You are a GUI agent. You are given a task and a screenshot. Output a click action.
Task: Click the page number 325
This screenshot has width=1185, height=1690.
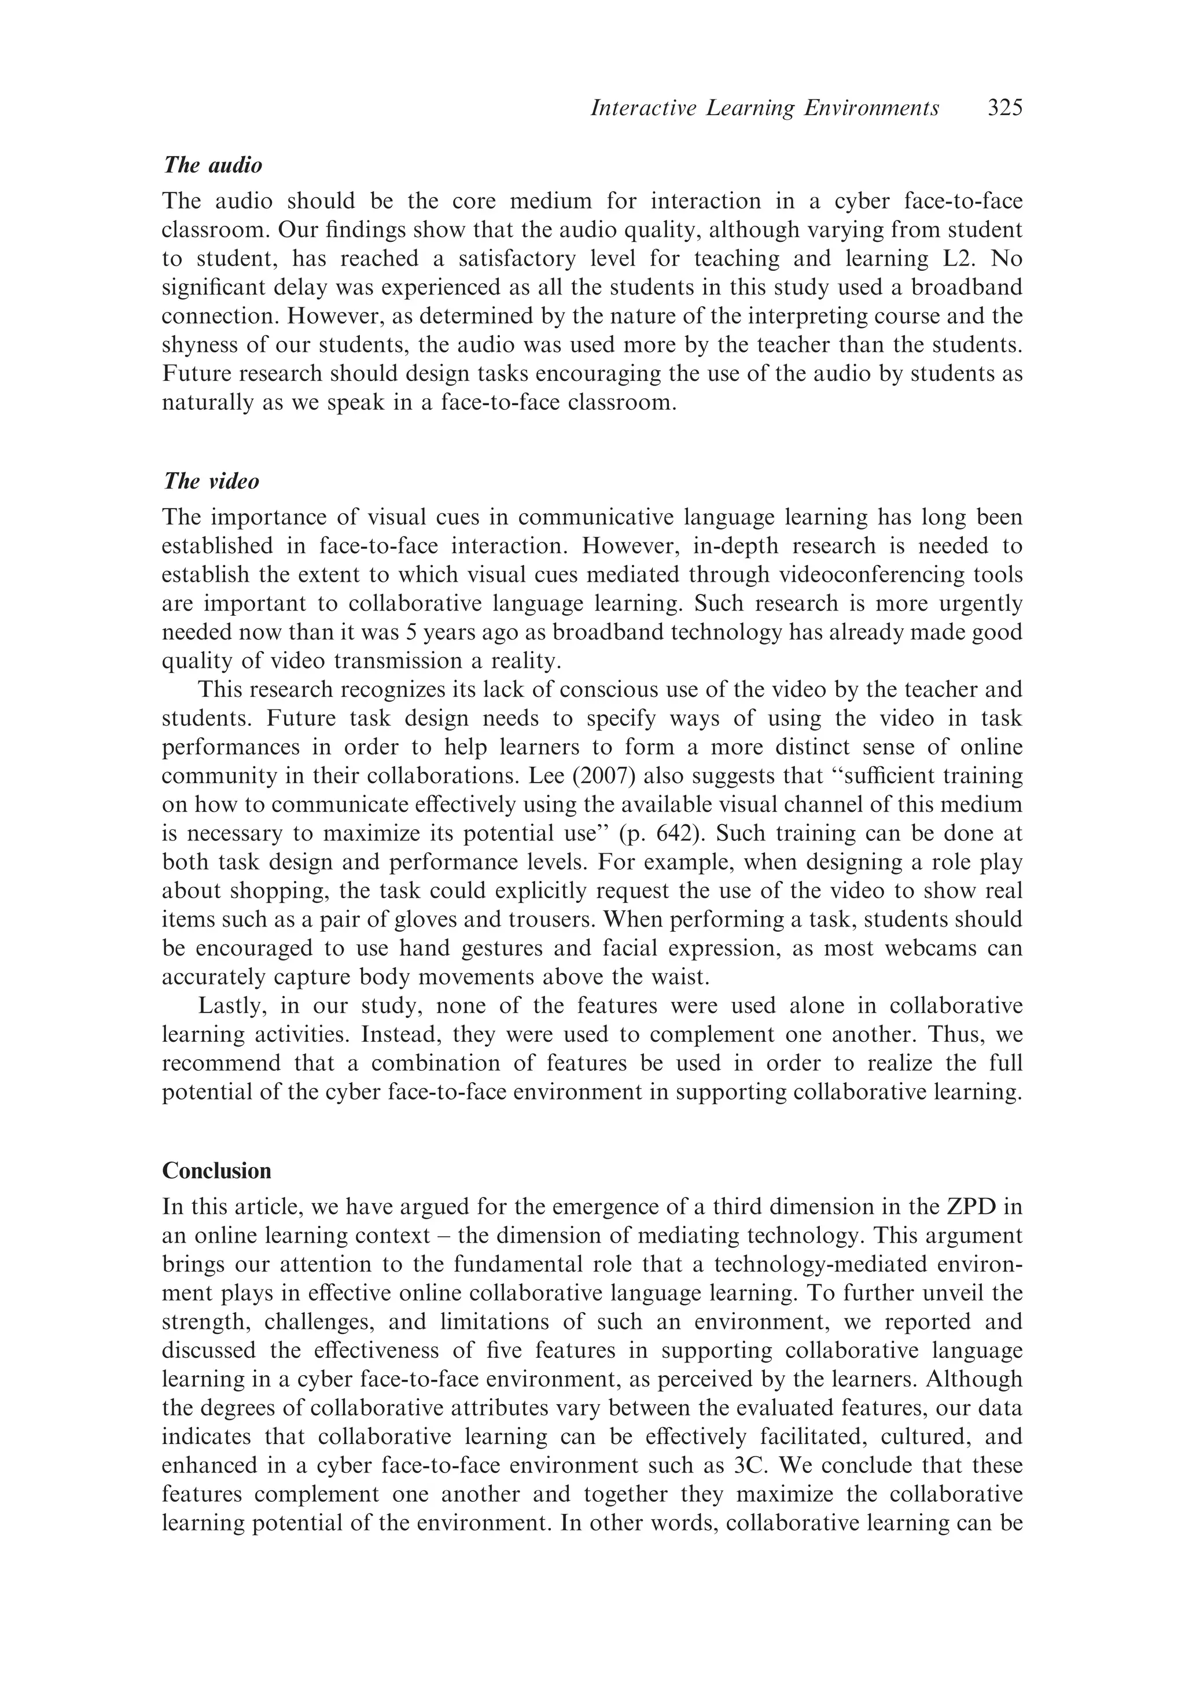coord(1004,109)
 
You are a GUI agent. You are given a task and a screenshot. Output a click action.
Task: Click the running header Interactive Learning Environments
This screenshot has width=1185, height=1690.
coord(765,109)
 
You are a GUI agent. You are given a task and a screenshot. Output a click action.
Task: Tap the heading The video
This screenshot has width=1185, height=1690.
coord(211,482)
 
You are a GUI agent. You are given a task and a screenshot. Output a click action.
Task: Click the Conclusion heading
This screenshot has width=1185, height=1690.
coord(216,1170)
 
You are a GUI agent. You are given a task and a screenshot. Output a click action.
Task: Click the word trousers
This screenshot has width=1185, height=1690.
coord(539,920)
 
